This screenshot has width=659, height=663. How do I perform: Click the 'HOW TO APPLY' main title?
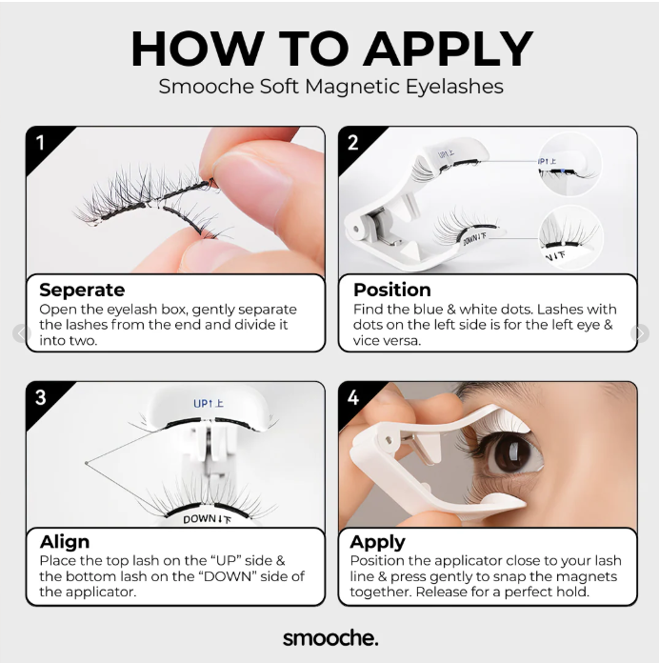point(330,49)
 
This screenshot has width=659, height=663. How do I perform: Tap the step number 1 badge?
point(41,144)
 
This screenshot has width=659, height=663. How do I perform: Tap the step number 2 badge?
point(353,144)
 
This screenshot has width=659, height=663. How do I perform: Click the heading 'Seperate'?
point(82,290)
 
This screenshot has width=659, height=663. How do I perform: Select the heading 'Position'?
point(391,290)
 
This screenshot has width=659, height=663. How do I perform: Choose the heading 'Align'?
point(65,542)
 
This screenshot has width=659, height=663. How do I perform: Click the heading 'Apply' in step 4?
point(377,542)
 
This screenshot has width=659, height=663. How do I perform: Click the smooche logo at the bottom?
point(329,637)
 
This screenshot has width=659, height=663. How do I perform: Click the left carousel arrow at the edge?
point(20,333)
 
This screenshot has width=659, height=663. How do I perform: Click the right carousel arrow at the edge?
point(640,333)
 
